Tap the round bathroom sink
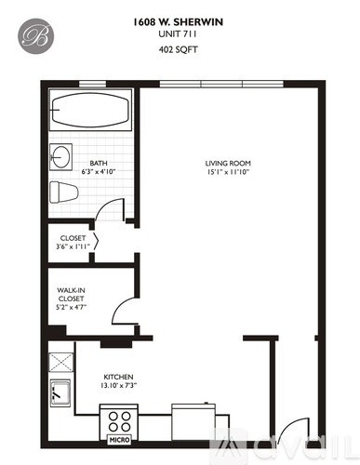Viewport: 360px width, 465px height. pos(61,154)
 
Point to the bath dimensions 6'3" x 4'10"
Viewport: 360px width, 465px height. pos(98,172)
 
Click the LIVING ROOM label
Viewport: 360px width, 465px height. pos(228,164)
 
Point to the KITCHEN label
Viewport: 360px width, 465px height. pos(119,377)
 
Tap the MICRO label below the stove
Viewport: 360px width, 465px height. pos(119,438)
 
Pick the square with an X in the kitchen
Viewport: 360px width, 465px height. pos(62,361)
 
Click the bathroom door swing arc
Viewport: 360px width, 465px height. pos(112,209)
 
